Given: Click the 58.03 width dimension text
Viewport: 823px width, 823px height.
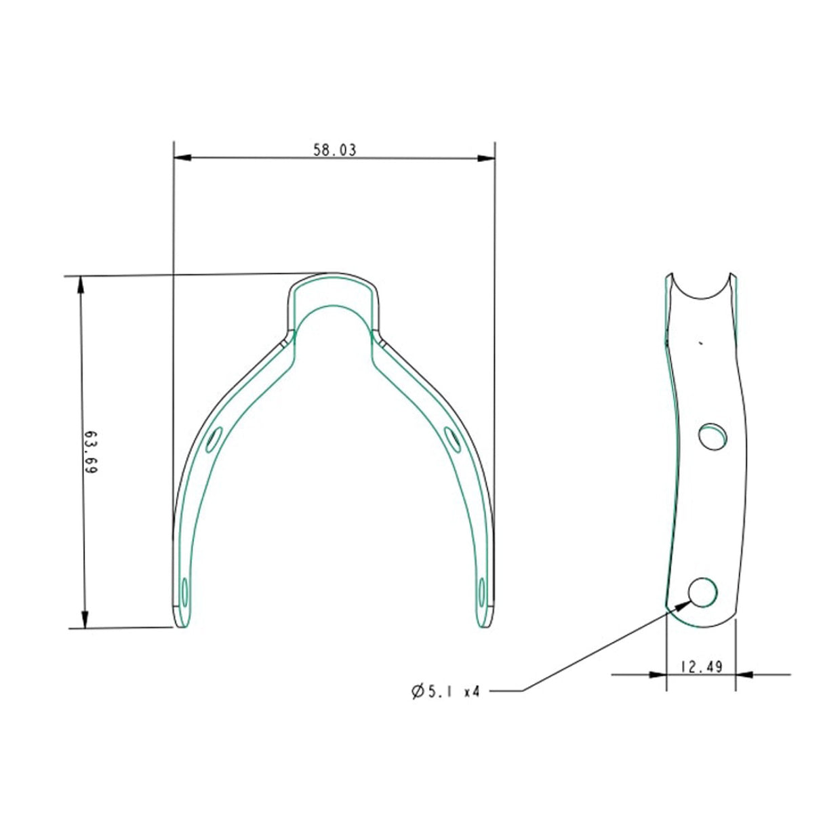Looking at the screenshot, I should point(334,150).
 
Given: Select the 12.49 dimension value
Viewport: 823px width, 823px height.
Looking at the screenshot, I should point(701,667).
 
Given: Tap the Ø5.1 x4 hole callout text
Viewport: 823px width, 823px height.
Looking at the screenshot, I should point(445,692).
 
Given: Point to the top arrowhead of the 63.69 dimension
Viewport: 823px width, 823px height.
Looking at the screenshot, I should point(82,284).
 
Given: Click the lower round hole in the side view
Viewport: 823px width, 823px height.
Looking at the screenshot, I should point(702,593).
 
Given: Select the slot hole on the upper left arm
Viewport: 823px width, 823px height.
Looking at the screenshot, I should point(214,439).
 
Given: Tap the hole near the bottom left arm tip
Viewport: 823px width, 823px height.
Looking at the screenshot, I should point(184,592).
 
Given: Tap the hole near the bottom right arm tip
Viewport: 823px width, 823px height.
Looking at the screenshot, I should point(481,592).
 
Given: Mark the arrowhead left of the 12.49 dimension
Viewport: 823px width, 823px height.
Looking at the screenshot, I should point(657,675).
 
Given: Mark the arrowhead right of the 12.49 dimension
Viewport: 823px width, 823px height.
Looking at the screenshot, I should point(744,675).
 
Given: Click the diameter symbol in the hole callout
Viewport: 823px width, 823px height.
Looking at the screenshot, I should point(418,692).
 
